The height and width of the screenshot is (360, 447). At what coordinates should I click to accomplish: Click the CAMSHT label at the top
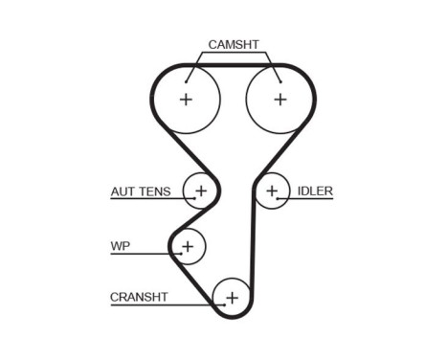(234, 45)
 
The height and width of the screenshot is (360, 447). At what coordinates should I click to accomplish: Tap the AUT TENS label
(140, 191)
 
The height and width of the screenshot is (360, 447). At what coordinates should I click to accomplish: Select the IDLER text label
(315, 191)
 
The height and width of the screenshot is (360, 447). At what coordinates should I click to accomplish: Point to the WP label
(120, 246)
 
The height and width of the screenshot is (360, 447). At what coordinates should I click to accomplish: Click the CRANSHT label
(139, 297)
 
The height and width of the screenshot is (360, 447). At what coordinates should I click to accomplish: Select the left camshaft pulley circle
(186, 100)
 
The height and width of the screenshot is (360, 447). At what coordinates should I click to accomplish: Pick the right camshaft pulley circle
(279, 100)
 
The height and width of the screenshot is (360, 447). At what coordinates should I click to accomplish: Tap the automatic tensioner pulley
(201, 191)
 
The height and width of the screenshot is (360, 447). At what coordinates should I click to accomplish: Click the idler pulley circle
(272, 191)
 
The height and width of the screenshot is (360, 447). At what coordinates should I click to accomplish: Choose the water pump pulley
(188, 247)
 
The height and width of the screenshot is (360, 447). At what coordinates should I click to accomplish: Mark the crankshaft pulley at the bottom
(231, 297)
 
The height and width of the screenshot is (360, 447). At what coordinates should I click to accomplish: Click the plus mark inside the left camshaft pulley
(186, 100)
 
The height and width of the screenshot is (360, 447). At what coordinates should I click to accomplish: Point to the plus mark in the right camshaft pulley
(279, 100)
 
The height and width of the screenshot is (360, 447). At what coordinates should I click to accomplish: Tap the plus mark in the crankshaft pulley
(231, 297)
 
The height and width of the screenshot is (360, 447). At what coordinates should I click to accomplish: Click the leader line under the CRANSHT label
(163, 305)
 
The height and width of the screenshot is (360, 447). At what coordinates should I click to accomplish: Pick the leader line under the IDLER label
(306, 199)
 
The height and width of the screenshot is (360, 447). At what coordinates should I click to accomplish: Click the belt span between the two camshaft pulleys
(233, 66)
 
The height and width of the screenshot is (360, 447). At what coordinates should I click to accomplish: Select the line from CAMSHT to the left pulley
(196, 67)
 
